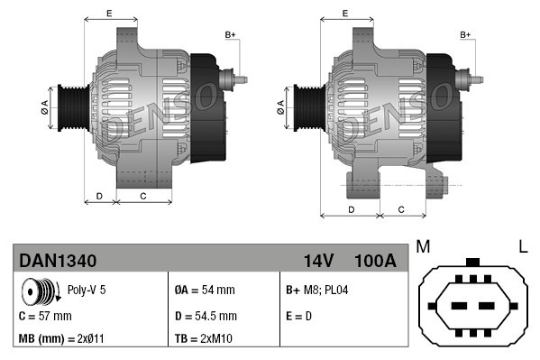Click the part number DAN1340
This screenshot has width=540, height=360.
tap(58, 261)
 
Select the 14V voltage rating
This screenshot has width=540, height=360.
tap(318, 261)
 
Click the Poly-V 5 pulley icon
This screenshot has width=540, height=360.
tap(39, 292)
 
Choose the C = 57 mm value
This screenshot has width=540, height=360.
tap(45, 316)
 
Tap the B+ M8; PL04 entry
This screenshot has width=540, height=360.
tap(317, 291)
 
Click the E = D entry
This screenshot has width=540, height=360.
tap(299, 316)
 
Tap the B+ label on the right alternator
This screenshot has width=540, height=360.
tap(466, 34)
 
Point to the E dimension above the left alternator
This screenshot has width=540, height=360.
tap(109, 13)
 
